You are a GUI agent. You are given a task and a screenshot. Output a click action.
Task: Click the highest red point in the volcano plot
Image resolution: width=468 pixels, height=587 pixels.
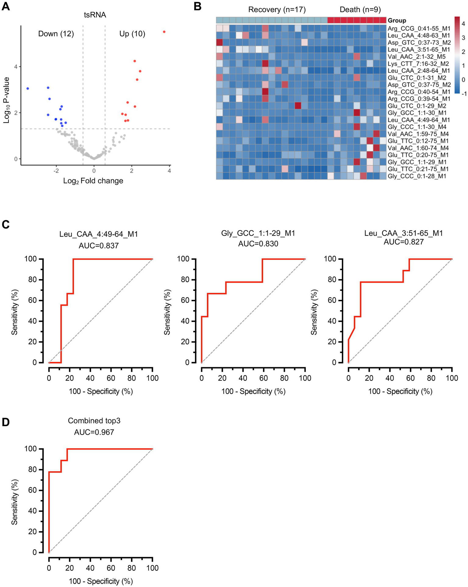164,32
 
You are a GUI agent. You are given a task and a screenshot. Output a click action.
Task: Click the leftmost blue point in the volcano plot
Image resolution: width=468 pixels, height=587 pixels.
28,89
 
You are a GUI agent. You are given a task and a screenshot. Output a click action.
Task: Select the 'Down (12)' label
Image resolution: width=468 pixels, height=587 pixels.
56,34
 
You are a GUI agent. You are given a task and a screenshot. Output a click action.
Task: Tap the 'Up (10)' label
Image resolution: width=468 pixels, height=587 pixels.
132,34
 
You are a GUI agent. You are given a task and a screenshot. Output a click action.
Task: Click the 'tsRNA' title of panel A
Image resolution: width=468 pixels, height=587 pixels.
95,15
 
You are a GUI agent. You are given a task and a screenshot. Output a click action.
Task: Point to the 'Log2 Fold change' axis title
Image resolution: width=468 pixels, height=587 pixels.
93,181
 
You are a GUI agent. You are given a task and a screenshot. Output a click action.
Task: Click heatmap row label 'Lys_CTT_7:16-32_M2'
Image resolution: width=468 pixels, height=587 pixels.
418,64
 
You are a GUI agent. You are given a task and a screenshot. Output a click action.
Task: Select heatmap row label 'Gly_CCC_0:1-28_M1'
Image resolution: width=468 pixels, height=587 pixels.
417,176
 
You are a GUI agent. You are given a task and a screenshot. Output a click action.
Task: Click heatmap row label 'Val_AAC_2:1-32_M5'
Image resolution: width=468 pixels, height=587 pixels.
416,57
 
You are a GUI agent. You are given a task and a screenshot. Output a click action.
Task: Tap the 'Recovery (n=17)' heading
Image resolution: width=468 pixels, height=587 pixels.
277,10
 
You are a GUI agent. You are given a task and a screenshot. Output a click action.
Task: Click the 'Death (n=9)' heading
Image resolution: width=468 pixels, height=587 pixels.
360,10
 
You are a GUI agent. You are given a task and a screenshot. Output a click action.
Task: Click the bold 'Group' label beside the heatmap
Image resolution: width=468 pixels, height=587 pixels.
397,21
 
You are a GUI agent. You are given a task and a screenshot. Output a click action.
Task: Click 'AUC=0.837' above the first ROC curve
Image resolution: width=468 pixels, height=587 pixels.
98,245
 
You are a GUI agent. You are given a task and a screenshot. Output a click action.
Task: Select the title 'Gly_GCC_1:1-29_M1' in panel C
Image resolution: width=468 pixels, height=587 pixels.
258,234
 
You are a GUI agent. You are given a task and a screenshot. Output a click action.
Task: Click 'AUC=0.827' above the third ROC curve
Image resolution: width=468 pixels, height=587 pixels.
403,242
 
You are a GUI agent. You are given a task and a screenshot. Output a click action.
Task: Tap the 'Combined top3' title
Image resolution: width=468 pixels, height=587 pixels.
94,421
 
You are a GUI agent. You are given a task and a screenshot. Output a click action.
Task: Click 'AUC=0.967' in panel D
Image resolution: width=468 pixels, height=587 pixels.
94,432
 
